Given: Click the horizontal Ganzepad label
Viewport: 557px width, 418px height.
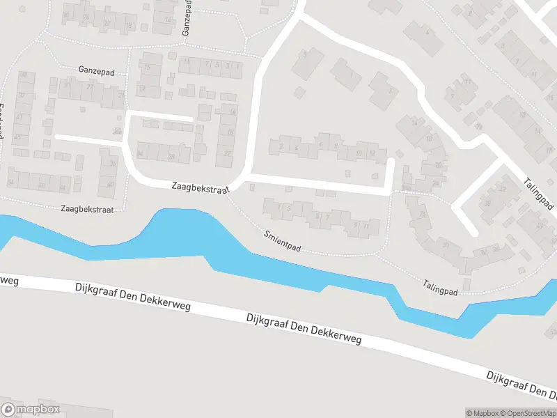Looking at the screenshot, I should click(95, 70).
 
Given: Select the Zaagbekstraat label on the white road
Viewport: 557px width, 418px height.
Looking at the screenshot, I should click(201, 188).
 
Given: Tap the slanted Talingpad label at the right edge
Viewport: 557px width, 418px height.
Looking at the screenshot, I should click(540, 194).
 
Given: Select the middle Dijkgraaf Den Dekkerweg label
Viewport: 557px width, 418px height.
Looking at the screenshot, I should click(304, 328).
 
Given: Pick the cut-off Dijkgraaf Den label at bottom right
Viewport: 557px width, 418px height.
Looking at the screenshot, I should click(521, 385).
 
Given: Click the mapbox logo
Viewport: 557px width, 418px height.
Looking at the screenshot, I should click(31, 410).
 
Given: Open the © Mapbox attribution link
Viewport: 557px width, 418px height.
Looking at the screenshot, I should click(483, 413).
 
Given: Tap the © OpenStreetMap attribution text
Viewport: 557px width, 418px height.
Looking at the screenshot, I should click(529, 413).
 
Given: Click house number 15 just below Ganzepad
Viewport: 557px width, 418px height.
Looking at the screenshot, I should click(147, 67).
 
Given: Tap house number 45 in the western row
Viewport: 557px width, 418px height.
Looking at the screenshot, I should click(18, 137).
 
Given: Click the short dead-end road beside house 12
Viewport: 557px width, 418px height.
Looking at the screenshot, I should click(391, 174).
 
